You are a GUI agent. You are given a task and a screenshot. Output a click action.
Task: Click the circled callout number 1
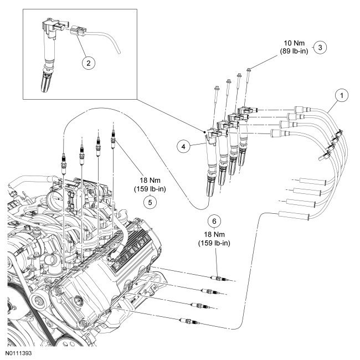point(342,95)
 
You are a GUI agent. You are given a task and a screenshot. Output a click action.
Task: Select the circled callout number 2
point(89,63)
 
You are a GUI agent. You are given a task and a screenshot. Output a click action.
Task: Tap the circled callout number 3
point(320,47)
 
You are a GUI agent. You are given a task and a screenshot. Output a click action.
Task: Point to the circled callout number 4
point(183,146)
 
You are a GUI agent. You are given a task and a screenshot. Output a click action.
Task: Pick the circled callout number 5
point(150,202)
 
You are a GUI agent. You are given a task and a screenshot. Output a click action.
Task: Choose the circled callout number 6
point(214,221)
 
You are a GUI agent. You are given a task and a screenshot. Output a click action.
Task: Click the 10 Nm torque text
point(294,43)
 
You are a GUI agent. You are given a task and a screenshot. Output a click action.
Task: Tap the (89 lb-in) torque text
point(294,51)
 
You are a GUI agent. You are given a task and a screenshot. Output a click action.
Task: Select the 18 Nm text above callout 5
point(150,180)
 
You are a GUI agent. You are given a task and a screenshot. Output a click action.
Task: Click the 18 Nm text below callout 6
point(214,234)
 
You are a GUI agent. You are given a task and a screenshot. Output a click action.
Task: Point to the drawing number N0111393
point(19,353)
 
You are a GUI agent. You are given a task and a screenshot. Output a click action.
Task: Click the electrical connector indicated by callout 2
point(78,31)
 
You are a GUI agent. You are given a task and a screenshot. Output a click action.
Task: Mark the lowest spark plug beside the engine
point(189,321)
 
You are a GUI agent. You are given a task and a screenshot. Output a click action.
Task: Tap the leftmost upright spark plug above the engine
point(64,164)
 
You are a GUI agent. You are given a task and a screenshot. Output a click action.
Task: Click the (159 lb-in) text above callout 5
point(150,189)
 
